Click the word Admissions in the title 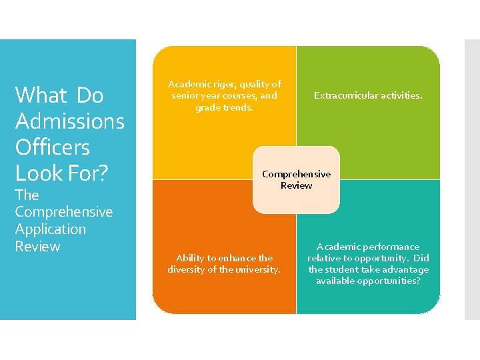point(69,121)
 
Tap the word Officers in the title point(52,147)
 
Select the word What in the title point(41,95)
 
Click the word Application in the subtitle point(51,229)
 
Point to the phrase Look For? point(61,173)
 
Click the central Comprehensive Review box point(296,179)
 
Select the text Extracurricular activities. point(368,95)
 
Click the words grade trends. point(225,107)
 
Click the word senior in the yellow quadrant point(185,95)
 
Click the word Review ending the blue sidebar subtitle point(37,247)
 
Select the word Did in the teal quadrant point(421,258)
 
